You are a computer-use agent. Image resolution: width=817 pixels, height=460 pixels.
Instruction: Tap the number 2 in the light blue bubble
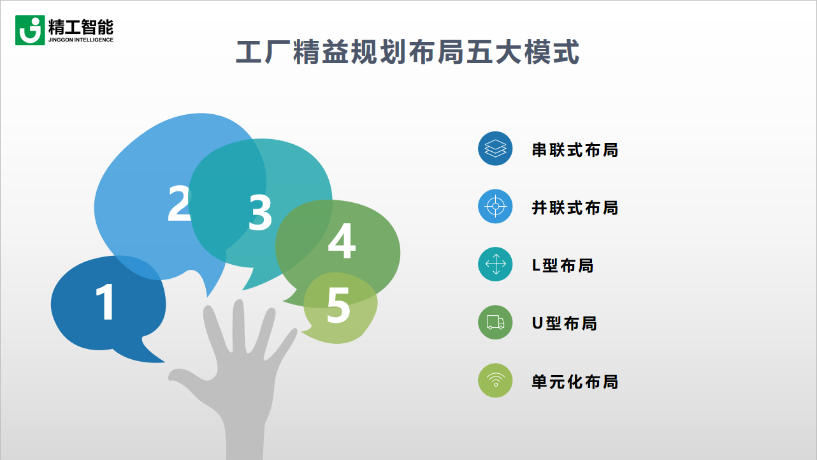tap(179, 204)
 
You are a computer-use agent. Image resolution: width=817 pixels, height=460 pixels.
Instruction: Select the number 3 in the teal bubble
tap(260, 213)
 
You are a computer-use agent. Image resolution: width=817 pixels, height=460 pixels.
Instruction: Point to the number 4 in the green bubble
tap(341, 242)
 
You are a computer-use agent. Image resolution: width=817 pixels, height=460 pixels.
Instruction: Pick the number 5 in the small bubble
tap(338, 305)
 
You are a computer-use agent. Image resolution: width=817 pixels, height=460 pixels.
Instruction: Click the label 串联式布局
tap(575, 150)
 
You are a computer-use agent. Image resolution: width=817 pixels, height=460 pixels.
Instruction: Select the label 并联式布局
tap(575, 207)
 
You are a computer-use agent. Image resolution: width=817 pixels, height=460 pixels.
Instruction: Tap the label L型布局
tap(563, 265)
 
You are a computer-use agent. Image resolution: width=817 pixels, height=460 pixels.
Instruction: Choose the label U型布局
tap(564, 323)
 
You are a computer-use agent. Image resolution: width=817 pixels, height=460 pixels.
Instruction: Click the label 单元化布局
tap(575, 382)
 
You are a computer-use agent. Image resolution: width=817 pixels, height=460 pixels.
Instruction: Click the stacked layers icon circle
tap(495, 149)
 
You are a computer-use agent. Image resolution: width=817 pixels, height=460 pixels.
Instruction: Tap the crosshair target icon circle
tap(495, 207)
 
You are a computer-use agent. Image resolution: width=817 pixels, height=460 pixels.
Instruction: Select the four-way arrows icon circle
tap(495, 264)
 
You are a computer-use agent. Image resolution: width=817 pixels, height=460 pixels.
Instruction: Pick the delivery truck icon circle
tap(495, 323)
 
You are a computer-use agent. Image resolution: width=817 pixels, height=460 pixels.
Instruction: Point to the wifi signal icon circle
tap(495, 381)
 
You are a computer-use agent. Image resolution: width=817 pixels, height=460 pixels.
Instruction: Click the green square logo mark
tap(30, 30)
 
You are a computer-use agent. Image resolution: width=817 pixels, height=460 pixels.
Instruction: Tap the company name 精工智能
tap(80, 26)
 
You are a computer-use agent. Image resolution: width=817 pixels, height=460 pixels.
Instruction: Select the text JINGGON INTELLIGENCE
tap(80, 40)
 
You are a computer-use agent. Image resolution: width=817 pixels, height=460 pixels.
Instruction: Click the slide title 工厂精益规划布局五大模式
tap(408, 52)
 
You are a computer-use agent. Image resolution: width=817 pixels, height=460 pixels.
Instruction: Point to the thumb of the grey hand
tap(181, 376)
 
